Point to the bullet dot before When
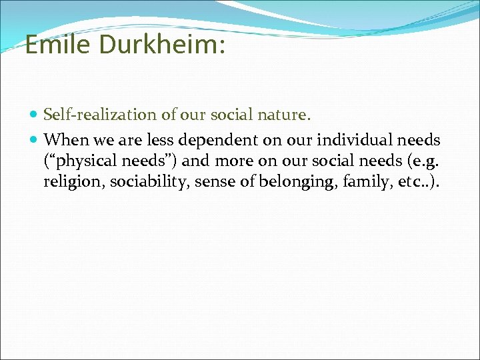tap(35, 140)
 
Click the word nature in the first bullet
tap(287, 115)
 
